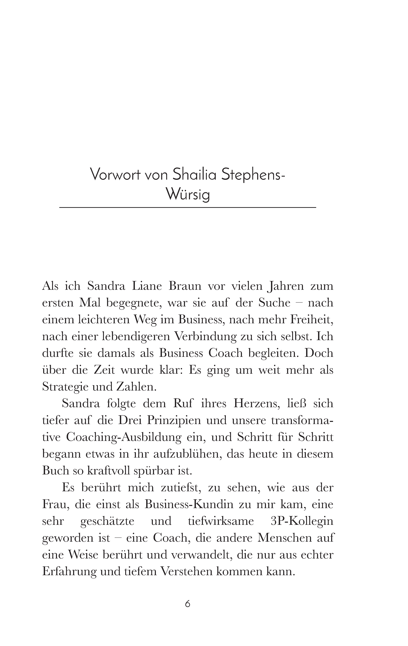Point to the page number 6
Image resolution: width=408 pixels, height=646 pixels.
[x=188, y=604]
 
